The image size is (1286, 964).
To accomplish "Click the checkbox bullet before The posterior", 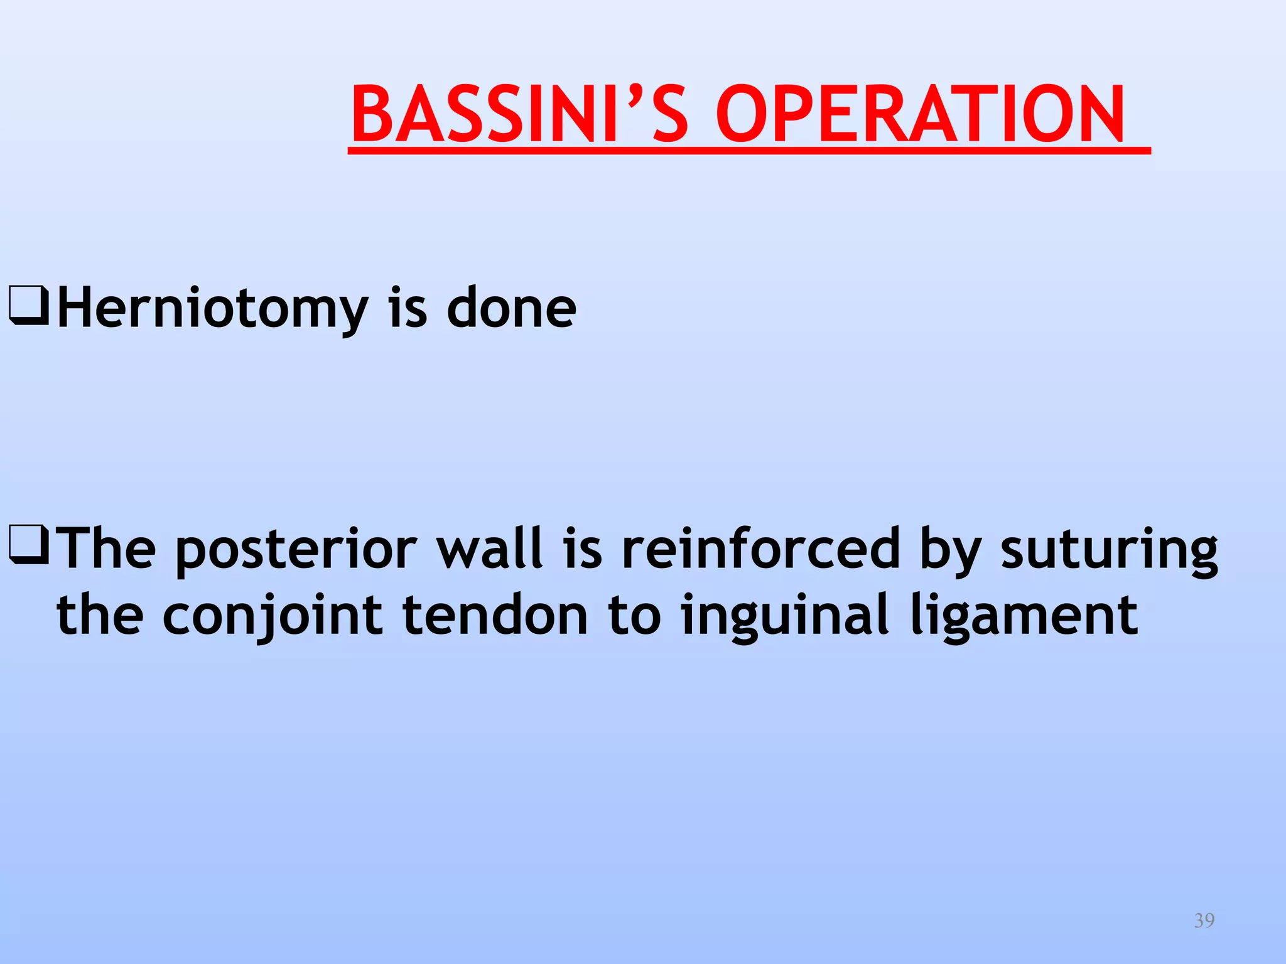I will point(29,545).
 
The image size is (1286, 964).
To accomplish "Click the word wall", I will point(489,549).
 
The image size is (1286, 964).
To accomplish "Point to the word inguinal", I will point(786,616).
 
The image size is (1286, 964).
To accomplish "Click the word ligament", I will point(1024,616).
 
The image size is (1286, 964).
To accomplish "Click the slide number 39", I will point(1204,921).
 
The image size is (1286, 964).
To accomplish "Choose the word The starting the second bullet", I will point(106,549).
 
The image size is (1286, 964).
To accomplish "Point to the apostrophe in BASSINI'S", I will point(639,94).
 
